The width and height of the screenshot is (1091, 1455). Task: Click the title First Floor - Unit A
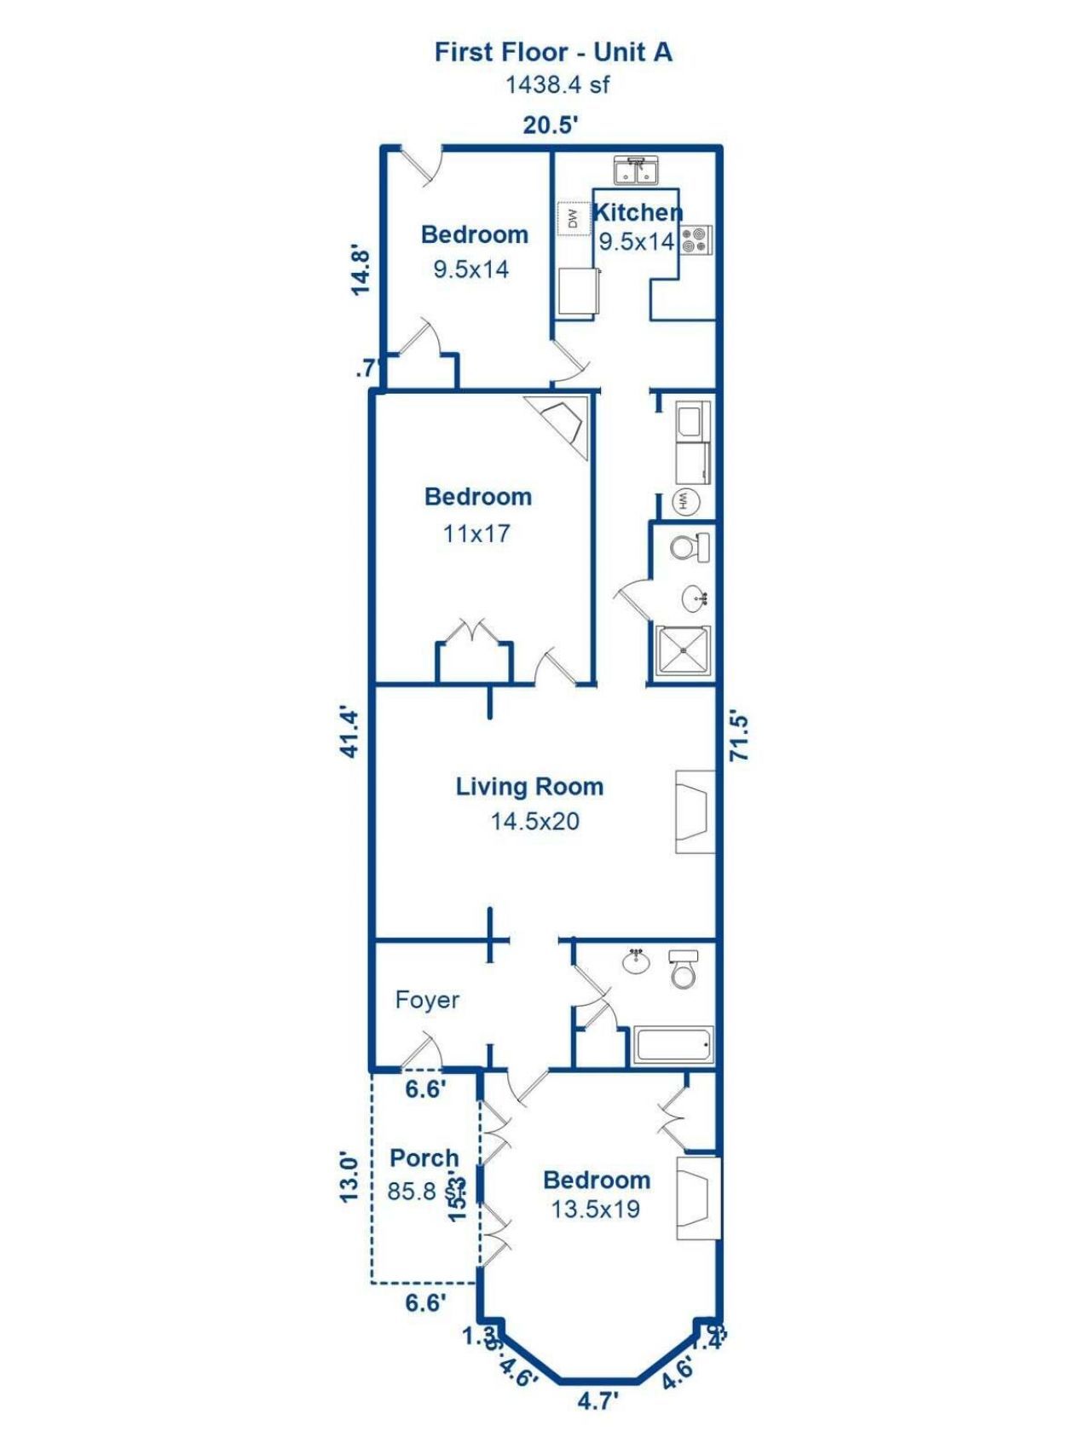coord(553,52)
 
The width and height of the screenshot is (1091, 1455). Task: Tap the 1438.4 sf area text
coord(557,85)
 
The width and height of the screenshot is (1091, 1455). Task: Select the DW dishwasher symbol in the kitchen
coord(573,219)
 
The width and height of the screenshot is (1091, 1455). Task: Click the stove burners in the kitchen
coord(696,240)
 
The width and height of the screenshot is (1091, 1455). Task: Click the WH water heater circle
coord(684,501)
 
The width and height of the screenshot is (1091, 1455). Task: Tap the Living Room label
coord(529,787)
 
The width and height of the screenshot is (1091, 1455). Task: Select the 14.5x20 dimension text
coord(534,822)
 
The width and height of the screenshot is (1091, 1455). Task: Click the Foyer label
coord(427,1000)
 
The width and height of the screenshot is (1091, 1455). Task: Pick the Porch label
coord(424,1158)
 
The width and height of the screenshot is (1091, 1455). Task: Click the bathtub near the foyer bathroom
coord(673,1045)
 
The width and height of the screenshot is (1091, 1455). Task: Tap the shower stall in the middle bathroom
coord(684,652)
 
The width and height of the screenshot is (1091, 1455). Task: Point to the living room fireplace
coord(695,811)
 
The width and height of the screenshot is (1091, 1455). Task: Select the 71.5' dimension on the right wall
coord(739,736)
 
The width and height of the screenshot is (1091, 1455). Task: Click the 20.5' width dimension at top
coord(551,125)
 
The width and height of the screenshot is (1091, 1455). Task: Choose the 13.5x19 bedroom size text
coord(595,1210)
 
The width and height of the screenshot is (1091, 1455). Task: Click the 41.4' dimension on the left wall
coord(350,731)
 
